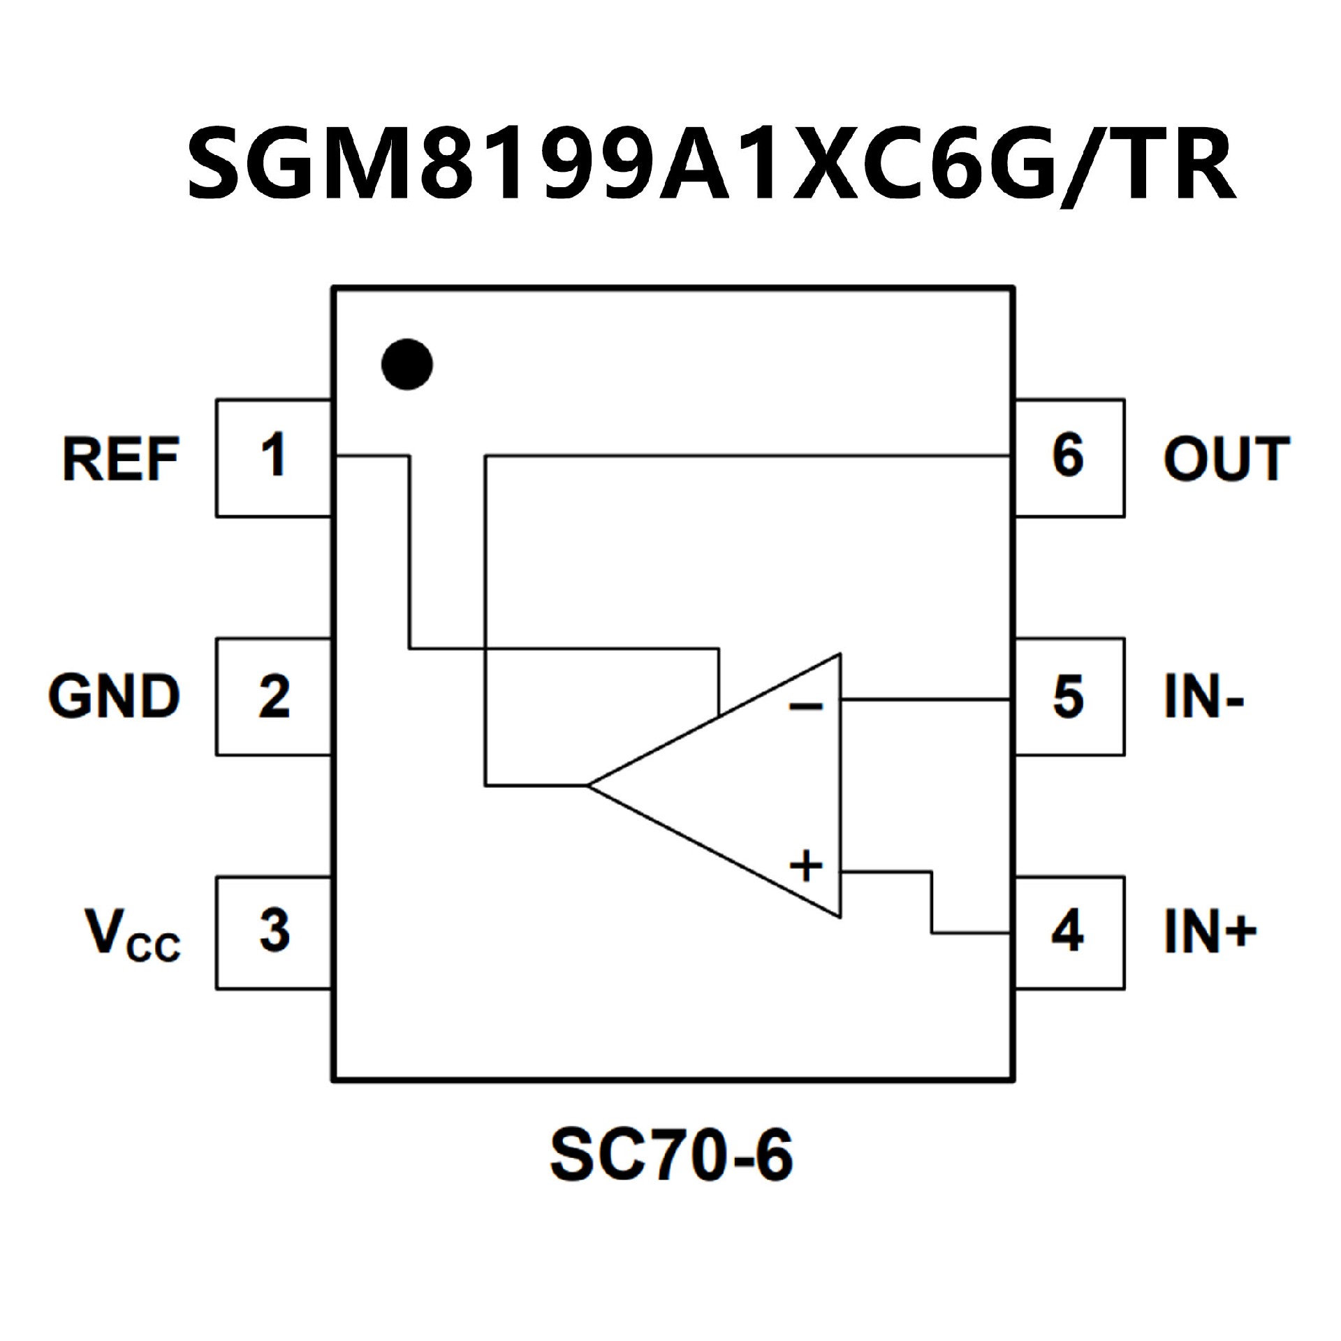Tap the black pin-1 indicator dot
407,365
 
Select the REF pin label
121,459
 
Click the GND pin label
115,696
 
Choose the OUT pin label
1226,459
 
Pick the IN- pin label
1203,696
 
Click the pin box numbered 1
273,457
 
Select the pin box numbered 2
273,696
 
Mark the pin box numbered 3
273,932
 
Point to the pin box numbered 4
1069,932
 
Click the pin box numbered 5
1069,696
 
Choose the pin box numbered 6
1069,457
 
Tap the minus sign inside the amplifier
806,707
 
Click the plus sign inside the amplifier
806,867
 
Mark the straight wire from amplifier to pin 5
925,698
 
